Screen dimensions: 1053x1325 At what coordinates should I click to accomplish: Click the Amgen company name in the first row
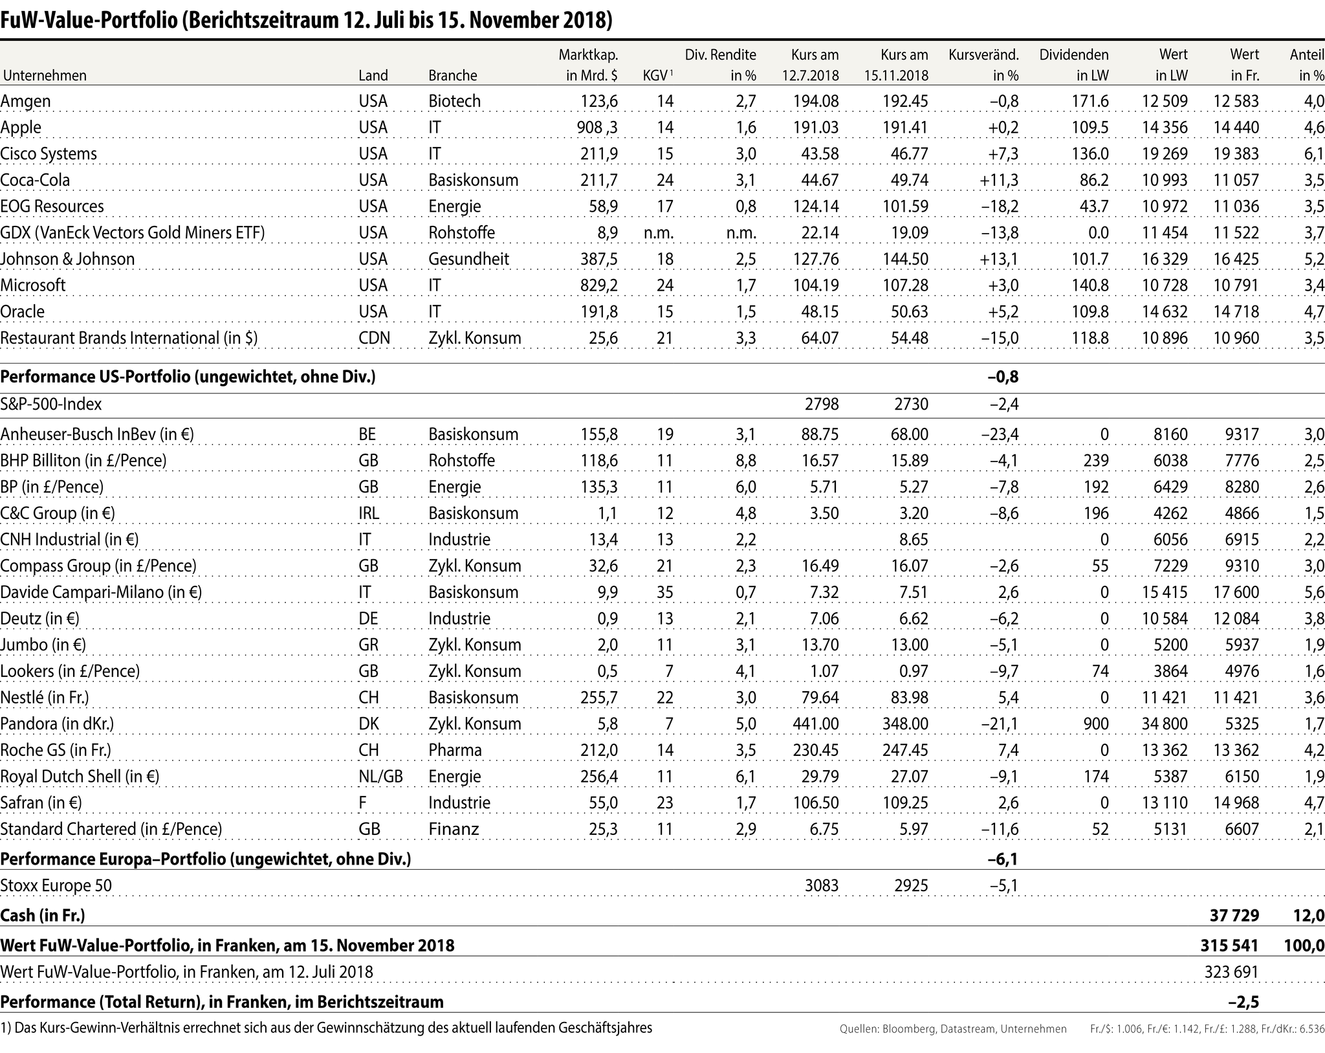25,101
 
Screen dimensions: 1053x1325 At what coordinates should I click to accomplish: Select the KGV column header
656,75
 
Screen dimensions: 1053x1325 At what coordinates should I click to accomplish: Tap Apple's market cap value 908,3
597,127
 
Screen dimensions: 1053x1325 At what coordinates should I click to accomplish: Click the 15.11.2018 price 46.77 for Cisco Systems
909,154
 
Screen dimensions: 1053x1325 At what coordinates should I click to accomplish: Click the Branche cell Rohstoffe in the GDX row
461,233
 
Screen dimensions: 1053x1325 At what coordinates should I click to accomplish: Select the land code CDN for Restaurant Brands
374,338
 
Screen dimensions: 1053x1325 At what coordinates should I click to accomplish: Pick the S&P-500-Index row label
51,405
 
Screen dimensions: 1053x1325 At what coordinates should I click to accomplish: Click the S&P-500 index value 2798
822,405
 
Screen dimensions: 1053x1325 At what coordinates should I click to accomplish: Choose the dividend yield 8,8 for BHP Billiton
745,461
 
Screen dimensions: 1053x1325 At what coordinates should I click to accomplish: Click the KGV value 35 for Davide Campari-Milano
664,592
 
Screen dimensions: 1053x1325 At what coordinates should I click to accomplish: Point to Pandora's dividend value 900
1095,724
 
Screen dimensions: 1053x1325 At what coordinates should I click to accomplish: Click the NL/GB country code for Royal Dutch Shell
380,777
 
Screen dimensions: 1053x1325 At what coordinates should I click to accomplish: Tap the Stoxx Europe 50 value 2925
911,885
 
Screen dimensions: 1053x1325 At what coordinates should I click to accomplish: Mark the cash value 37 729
1234,915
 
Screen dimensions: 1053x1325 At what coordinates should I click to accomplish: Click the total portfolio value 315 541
1229,946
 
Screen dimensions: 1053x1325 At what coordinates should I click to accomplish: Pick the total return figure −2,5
1243,1003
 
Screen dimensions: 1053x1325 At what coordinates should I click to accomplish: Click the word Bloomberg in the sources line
910,1029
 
